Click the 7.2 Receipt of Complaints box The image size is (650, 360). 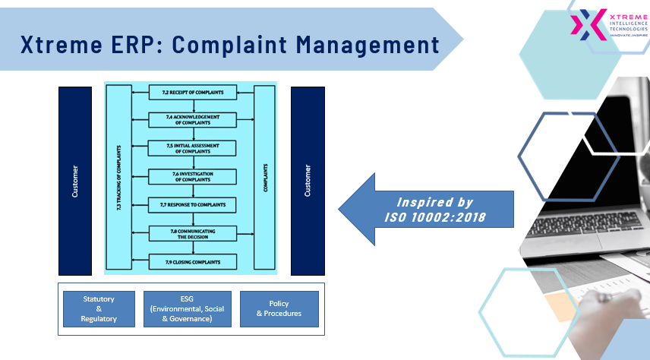(193, 93)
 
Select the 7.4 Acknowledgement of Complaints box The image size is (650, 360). (193, 120)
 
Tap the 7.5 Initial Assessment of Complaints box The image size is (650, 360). (192, 148)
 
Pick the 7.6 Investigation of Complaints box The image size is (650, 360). (193, 177)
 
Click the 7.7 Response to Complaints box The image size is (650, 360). (192, 205)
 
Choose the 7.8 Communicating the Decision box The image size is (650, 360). (193, 234)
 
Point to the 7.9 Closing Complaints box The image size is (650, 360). (193, 262)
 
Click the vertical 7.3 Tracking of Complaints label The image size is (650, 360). (119, 178)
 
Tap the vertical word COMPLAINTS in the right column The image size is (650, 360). (265, 178)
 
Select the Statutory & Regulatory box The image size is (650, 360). (99, 309)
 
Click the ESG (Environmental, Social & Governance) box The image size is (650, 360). (188, 309)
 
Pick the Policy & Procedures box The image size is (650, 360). (279, 309)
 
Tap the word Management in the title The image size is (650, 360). (368, 45)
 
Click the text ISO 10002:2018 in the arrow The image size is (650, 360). (435, 217)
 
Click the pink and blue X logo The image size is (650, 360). (588, 24)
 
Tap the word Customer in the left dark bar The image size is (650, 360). (75, 182)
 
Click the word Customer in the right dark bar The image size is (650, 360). (308, 181)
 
